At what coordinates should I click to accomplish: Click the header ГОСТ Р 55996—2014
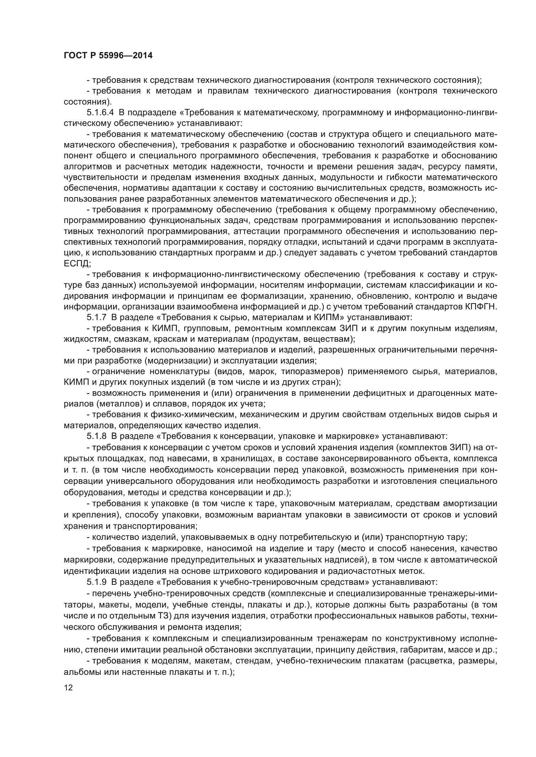pyautogui.click(x=108, y=55)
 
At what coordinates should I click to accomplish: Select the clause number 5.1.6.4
pyautogui.click(x=100, y=113)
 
